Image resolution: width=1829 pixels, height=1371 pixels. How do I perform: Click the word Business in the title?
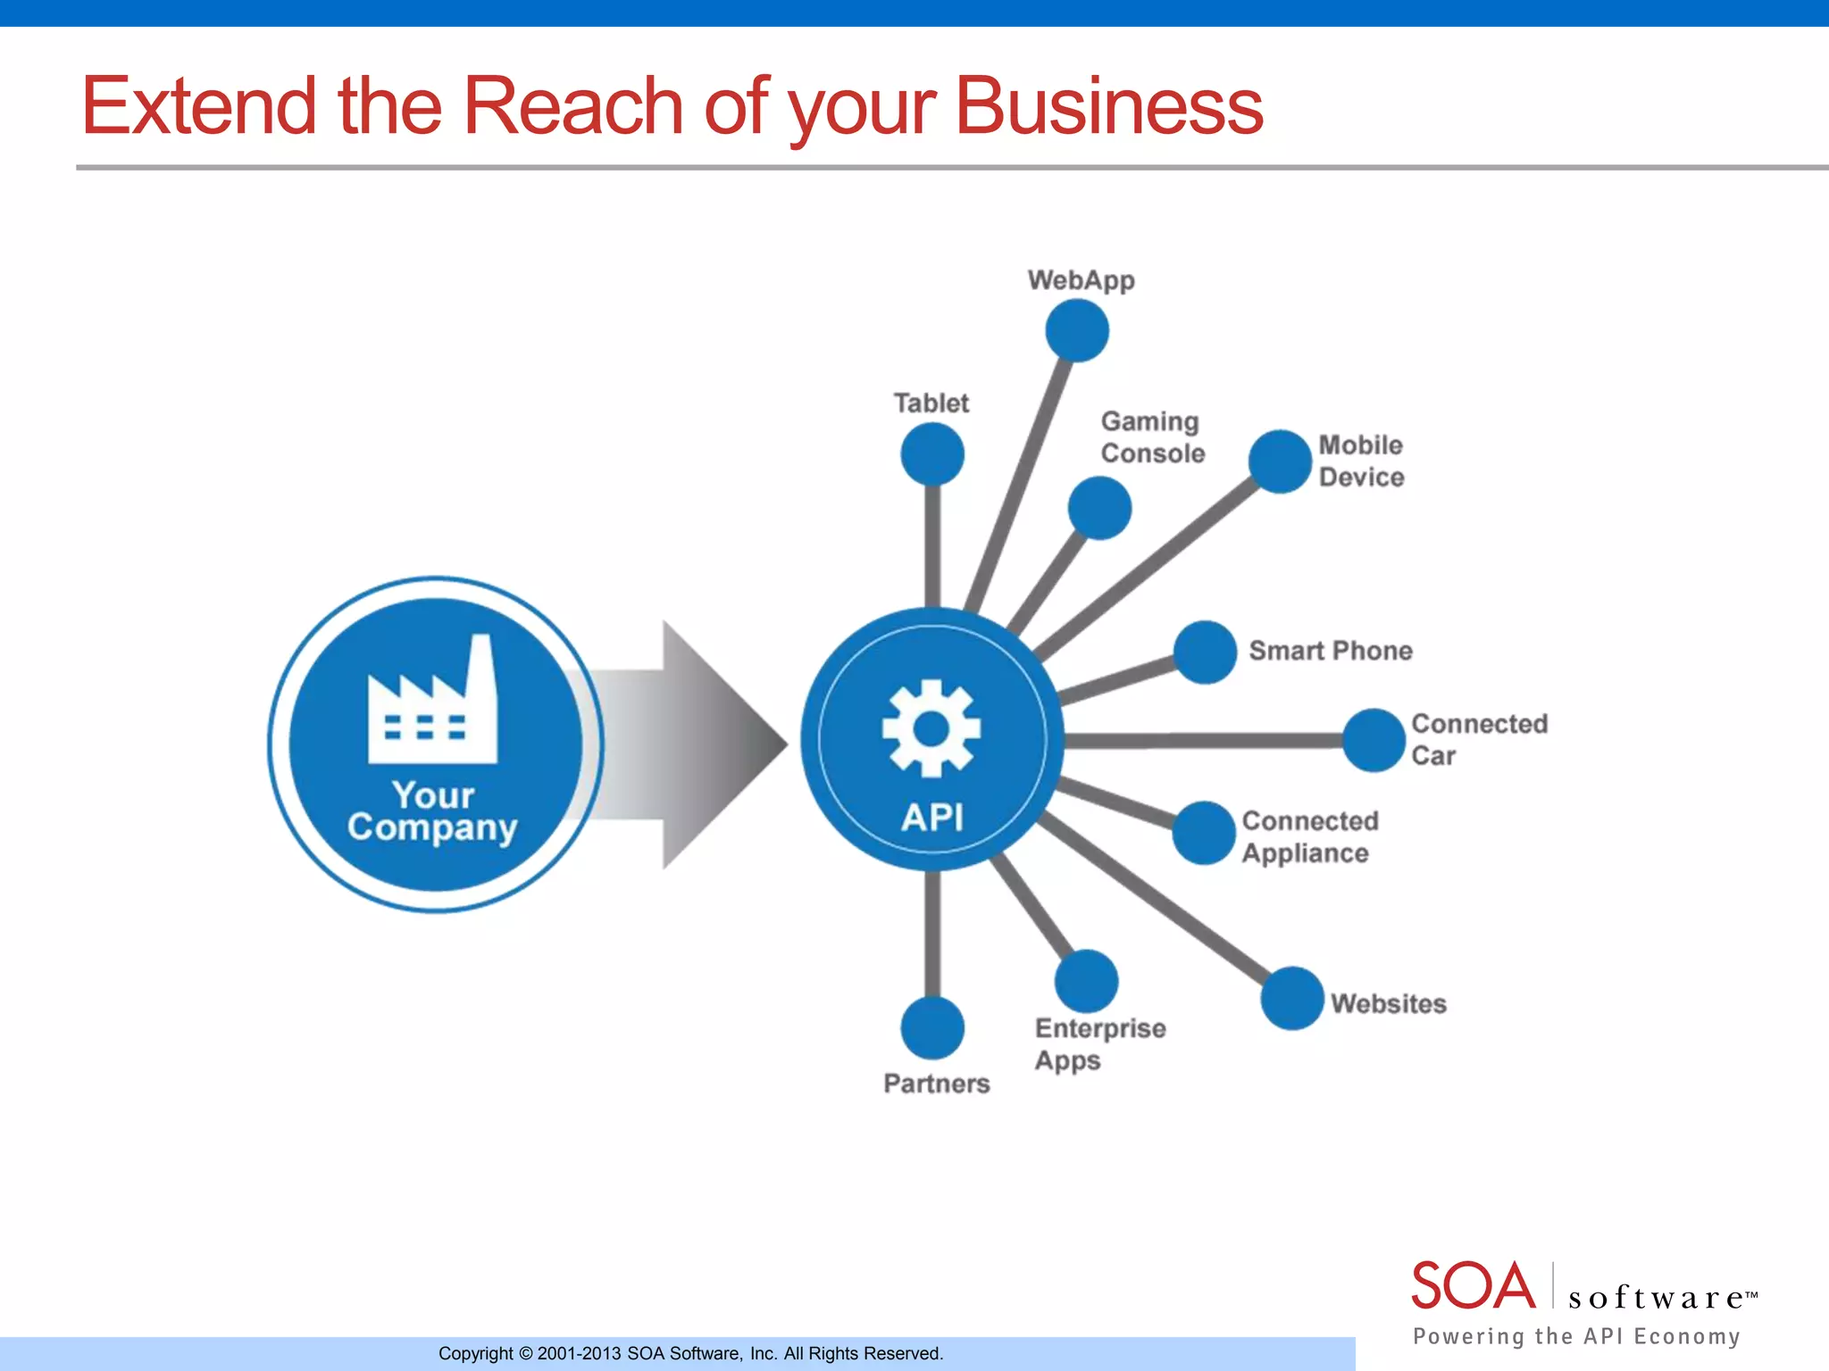coord(1108,106)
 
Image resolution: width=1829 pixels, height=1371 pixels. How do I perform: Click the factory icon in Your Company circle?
coord(433,702)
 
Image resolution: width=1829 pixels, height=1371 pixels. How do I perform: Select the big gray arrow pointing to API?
coord(688,744)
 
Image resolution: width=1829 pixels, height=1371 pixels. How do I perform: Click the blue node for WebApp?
coord(1077,330)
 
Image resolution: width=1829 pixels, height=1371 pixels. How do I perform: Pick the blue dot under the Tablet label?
coord(932,453)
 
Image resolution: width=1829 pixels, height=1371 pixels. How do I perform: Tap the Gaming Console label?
coord(1152,437)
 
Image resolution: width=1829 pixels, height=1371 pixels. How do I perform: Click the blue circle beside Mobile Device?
coord(1280,461)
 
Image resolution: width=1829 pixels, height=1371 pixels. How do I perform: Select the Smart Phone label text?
coord(1330,651)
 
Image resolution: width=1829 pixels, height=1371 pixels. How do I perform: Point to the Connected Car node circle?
coord(1374,740)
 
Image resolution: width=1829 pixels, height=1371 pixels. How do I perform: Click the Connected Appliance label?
coord(1309,837)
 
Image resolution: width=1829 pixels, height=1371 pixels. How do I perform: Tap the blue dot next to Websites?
coord(1292,998)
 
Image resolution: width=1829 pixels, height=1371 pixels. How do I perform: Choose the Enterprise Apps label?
coord(1099,1044)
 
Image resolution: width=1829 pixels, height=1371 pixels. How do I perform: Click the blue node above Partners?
coord(932,1027)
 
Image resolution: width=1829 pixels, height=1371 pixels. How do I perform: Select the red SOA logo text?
coord(1473,1286)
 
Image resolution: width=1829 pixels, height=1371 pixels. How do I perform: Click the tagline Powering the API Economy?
coord(1576,1336)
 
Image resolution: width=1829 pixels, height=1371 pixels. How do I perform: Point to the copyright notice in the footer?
coord(690,1353)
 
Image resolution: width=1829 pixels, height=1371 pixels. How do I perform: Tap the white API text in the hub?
coord(932,817)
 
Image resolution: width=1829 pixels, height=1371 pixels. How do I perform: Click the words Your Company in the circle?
coord(433,811)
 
